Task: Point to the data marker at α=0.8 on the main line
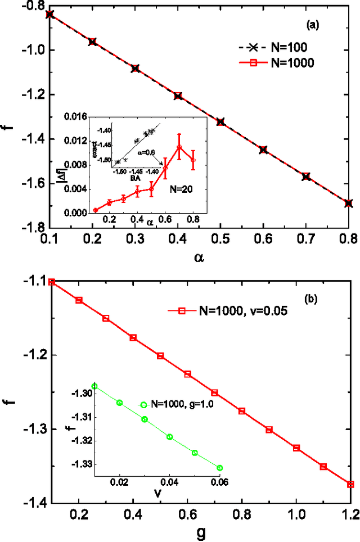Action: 349,203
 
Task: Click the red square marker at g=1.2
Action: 350,484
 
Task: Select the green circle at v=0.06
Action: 220,468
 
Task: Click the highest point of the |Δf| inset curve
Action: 179,147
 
